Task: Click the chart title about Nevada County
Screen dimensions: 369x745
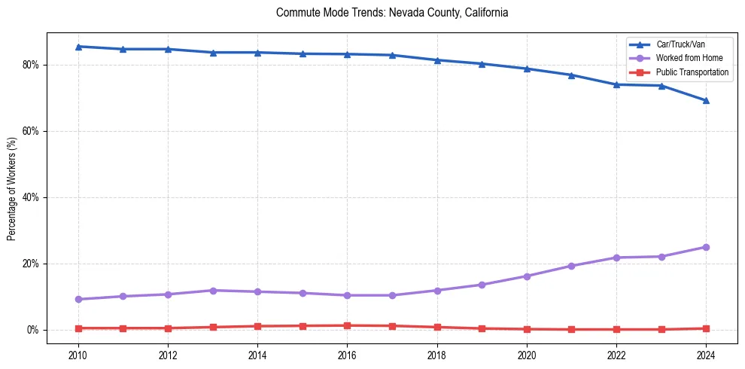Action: point(392,13)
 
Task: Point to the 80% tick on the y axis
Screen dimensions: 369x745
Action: point(32,65)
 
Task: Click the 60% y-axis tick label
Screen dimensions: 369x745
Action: point(32,131)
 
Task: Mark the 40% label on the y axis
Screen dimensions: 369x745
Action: point(32,197)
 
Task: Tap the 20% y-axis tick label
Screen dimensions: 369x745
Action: point(32,264)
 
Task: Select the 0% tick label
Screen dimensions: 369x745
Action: point(35,330)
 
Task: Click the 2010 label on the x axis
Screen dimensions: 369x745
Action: point(78,355)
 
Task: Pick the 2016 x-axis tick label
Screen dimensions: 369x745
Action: point(347,355)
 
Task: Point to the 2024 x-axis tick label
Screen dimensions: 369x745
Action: point(706,355)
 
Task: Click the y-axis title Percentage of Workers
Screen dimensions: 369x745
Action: point(12,188)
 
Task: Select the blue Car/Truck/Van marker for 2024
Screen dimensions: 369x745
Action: point(706,100)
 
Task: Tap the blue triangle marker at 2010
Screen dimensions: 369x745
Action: point(78,47)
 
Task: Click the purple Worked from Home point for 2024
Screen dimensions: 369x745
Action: point(706,247)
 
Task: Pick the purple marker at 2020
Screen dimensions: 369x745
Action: point(527,276)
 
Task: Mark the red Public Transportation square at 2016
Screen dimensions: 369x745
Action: point(347,325)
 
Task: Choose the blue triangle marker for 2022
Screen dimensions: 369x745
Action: point(616,84)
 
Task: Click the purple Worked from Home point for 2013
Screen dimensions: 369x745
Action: point(213,291)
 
